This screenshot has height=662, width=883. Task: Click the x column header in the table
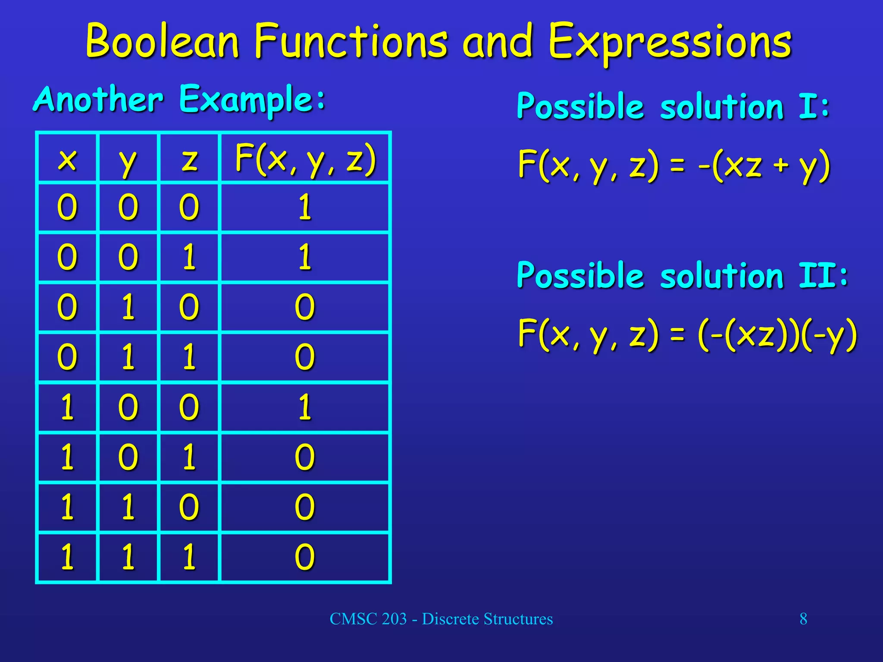67,159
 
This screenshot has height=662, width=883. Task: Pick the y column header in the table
128,161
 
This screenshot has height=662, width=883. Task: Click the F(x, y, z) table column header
305,160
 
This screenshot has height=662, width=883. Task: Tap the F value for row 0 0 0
305,207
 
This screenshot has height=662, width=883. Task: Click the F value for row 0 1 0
305,307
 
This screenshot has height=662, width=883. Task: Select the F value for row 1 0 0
305,407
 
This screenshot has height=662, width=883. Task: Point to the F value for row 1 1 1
305,557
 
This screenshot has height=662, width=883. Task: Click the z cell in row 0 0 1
189,257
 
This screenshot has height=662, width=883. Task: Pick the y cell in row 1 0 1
128,457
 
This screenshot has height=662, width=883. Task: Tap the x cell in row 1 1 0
67,507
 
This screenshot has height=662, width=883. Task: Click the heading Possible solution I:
673,106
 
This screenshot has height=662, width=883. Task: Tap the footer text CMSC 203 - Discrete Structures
441,619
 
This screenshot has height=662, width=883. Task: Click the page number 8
803,619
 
